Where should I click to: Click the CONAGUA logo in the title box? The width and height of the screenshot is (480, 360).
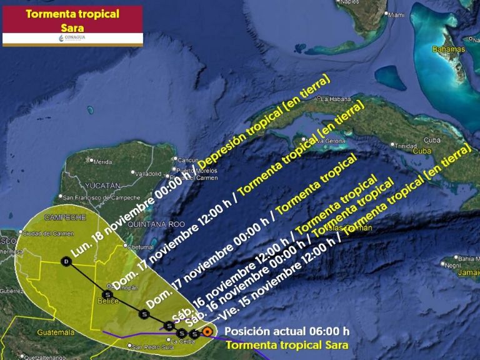(x=72, y=38)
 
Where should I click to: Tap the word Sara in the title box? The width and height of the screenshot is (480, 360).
(x=72, y=27)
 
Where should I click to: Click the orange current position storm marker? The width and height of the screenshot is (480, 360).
(x=207, y=332)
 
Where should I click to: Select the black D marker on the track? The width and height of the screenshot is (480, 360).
(x=66, y=261)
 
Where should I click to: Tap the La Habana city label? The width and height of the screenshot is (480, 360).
(x=334, y=98)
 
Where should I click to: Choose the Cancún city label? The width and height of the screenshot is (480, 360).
(x=187, y=159)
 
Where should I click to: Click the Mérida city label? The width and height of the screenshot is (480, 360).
(x=102, y=161)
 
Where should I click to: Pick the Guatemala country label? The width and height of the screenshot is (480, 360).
(x=55, y=332)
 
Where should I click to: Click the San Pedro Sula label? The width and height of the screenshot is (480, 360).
(x=147, y=346)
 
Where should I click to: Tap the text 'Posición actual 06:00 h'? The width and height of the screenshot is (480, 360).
(x=287, y=331)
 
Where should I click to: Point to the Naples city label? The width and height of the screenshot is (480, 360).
(x=352, y=2)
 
